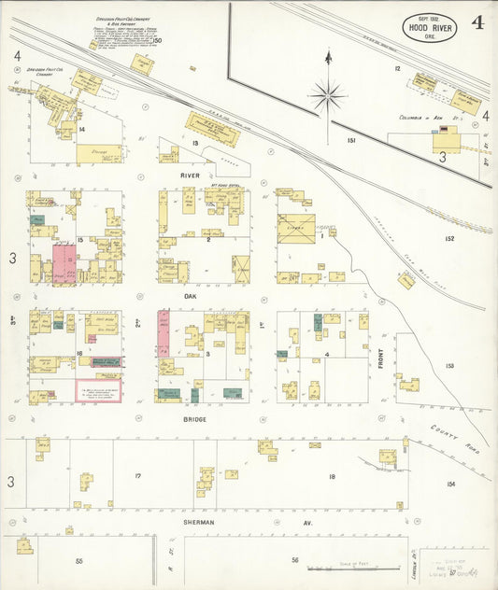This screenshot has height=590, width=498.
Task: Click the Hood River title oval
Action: pyautogui.click(x=432, y=25)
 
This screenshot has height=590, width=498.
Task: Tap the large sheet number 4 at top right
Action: pyautogui.click(x=477, y=22)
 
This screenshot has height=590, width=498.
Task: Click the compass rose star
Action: pyautogui.click(x=328, y=94)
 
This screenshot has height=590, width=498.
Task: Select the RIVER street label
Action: pyautogui.click(x=192, y=174)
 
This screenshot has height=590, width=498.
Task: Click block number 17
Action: pyautogui.click(x=137, y=476)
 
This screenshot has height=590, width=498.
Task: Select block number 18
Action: pyautogui.click(x=332, y=477)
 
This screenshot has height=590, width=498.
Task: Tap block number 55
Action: pyautogui.click(x=79, y=561)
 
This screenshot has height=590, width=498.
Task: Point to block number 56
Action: pyautogui.click(x=294, y=560)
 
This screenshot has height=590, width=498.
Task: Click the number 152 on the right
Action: pyautogui.click(x=449, y=239)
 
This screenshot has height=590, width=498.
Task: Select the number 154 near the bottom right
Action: pyautogui.click(x=450, y=484)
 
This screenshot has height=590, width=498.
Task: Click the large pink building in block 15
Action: pyautogui.click(x=62, y=263)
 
